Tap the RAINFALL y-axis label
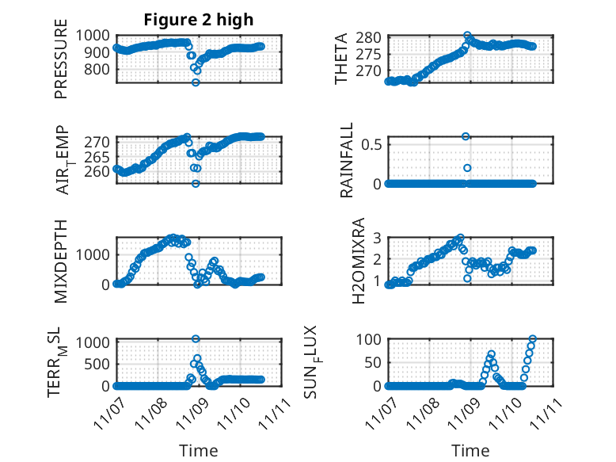347,161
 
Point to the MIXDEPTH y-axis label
61,260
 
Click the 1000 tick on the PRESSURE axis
96,36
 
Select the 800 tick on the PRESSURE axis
100,69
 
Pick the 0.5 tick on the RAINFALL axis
372,144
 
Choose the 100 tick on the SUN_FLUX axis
370,339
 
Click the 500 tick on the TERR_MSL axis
100,363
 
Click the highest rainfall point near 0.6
466,136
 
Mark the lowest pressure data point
196,82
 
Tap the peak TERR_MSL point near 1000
196,339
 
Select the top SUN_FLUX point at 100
532,339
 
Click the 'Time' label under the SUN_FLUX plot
470,450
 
